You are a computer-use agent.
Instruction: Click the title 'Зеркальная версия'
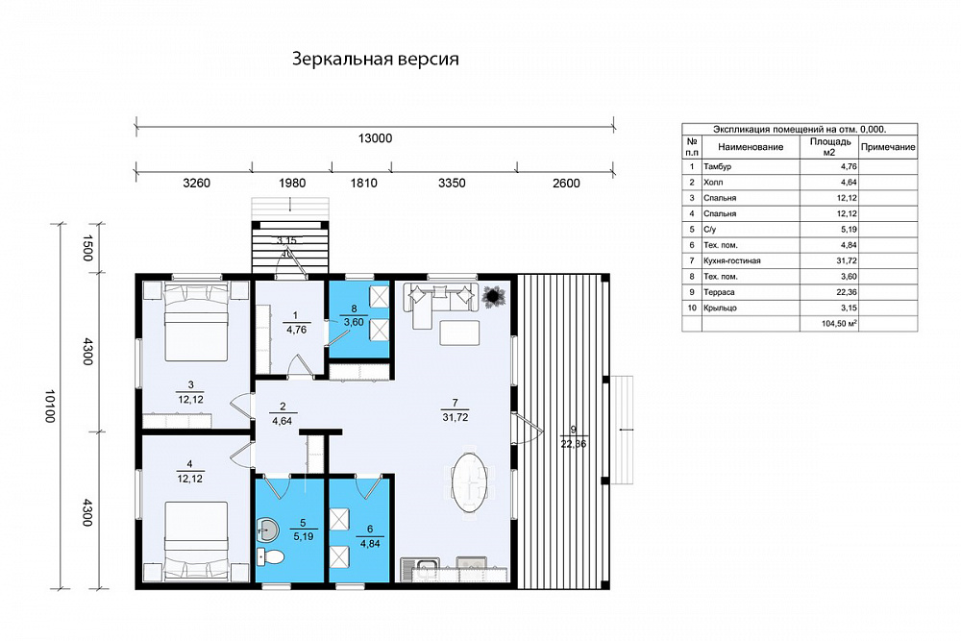pyautogui.click(x=375, y=60)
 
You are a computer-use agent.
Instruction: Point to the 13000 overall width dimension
pyautogui.click(x=375, y=138)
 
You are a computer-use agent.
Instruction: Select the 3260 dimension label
pyautogui.click(x=197, y=184)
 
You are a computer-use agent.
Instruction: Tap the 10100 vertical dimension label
pyautogui.click(x=50, y=406)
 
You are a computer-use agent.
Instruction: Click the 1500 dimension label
pyautogui.click(x=87, y=248)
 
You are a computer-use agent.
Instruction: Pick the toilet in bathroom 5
pyautogui.click(x=270, y=556)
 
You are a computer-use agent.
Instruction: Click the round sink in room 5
pyautogui.click(x=267, y=530)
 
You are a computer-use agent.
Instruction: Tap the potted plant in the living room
pyautogui.click(x=492, y=297)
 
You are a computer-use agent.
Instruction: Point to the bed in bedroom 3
pyautogui.click(x=196, y=321)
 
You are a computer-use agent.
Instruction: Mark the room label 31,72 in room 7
pyautogui.click(x=455, y=417)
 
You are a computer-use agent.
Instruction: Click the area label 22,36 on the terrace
pyautogui.click(x=574, y=444)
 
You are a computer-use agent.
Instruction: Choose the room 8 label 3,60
pyautogui.click(x=354, y=322)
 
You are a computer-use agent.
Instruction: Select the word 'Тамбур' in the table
pyautogui.click(x=717, y=166)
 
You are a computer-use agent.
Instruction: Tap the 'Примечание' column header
pyautogui.click(x=888, y=147)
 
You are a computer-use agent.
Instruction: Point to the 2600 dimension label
pyautogui.click(x=566, y=184)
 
